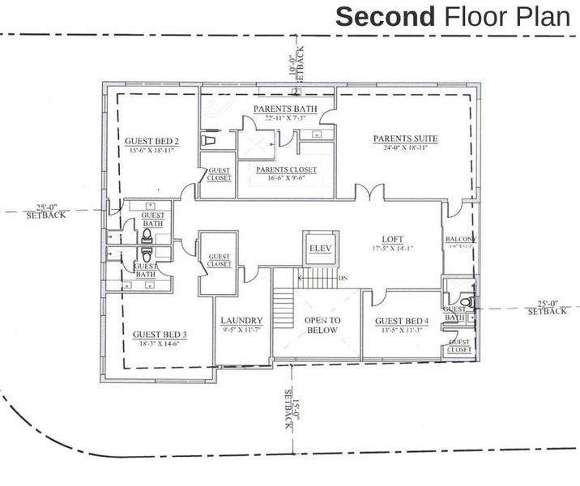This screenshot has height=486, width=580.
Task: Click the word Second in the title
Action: (x=385, y=16)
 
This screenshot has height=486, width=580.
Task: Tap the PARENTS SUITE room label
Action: (x=405, y=139)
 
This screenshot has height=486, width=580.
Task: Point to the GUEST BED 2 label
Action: (x=151, y=141)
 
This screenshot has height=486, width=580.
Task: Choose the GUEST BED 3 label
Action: (x=160, y=335)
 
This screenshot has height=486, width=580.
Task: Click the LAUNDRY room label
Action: (x=241, y=320)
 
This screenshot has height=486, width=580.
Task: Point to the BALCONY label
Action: (x=460, y=240)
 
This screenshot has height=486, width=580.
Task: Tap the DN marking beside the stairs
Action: (x=343, y=278)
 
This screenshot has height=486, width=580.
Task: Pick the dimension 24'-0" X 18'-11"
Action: (x=405, y=148)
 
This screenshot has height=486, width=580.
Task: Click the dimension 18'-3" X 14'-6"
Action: (x=160, y=344)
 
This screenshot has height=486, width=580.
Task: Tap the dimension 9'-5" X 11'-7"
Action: (x=241, y=330)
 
